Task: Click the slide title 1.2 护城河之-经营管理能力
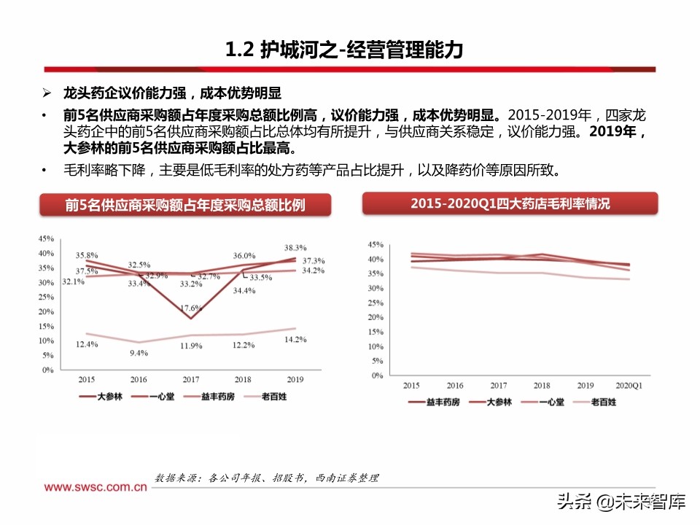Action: pos(343,50)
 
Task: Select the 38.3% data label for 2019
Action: pos(295,248)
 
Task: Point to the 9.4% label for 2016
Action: pos(139,353)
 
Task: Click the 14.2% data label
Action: pos(295,339)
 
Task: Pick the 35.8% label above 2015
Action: pos(87,256)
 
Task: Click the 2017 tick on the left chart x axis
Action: pos(190,380)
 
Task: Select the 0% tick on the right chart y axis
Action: pos(377,376)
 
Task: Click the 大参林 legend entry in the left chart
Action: pos(101,397)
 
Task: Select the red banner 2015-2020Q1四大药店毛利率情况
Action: pos(510,204)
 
